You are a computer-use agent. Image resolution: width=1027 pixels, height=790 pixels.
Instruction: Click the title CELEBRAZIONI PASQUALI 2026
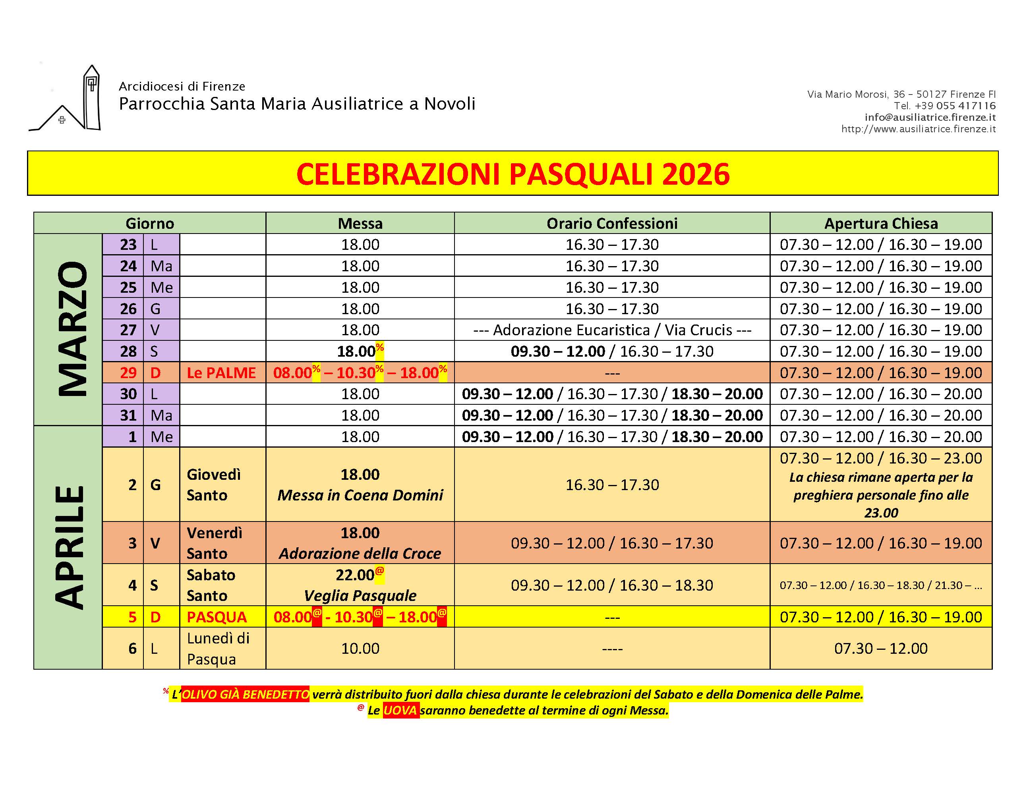513,174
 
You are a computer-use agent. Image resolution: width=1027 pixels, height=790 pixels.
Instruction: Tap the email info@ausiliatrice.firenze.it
930,118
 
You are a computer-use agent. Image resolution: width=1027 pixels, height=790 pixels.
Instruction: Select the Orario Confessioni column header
612,223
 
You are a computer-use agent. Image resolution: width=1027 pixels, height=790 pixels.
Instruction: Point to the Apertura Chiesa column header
881,223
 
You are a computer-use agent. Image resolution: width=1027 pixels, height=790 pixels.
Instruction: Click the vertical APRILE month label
70,547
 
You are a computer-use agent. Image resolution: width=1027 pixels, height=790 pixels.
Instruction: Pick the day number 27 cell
128,330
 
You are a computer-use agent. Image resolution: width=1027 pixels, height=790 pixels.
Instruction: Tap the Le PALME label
221,373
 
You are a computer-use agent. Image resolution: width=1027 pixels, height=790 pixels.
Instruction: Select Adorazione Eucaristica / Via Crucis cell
612,330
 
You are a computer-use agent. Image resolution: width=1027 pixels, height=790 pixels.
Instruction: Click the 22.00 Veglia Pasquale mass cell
360,585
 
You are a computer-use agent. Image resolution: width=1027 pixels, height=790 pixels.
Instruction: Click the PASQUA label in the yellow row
217,617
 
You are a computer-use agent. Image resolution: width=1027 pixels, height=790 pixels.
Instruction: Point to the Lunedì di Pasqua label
218,649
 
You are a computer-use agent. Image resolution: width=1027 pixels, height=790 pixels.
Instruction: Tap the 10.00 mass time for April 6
360,649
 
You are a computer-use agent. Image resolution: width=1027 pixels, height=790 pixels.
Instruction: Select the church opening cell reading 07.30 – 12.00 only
881,649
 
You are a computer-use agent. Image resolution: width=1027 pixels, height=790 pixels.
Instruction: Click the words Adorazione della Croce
360,553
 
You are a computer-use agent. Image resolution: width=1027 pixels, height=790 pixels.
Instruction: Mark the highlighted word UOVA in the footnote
400,710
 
